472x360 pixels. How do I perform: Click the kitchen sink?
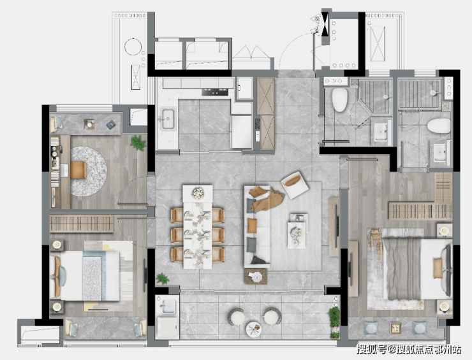click(x=168, y=119)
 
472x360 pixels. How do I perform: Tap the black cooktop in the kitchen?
click(x=215, y=92)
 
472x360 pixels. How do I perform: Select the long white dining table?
click(x=198, y=227)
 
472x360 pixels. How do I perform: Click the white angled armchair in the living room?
click(x=295, y=185)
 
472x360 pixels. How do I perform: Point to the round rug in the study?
click(x=89, y=171)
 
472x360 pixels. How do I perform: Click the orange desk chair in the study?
click(x=78, y=170)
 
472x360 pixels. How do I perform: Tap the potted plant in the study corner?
click(x=138, y=143)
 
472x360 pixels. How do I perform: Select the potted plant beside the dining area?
click(x=163, y=278)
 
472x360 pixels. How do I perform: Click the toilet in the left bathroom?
click(x=339, y=100)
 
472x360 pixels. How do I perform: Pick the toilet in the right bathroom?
click(x=439, y=126)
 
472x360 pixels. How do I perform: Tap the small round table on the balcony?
click(x=254, y=329)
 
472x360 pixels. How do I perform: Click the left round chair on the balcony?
click(x=236, y=317)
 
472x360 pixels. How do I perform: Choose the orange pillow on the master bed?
click(x=438, y=268)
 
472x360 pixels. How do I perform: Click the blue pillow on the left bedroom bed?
click(x=63, y=277)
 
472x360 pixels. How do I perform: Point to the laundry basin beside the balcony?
click(x=168, y=306)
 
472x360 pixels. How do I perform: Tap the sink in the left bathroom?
click(x=381, y=132)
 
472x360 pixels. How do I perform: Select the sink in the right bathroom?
click(x=440, y=152)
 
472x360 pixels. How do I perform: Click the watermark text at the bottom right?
click(x=409, y=349)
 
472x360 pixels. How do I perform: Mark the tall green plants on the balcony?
click(x=334, y=322)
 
